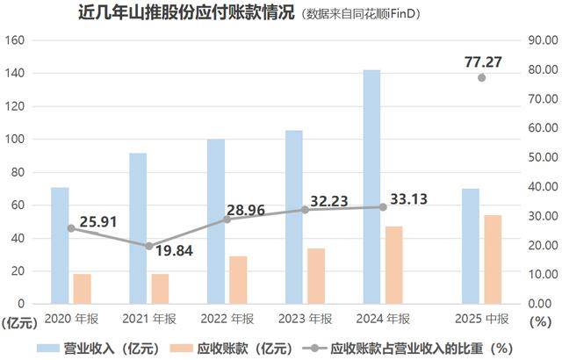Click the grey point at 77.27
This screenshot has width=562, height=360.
point(482,78)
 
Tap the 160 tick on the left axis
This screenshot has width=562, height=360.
point(18,40)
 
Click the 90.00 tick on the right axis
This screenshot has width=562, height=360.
point(537,40)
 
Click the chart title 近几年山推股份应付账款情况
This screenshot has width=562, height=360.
point(175,14)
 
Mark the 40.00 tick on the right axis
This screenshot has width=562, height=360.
point(537,186)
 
